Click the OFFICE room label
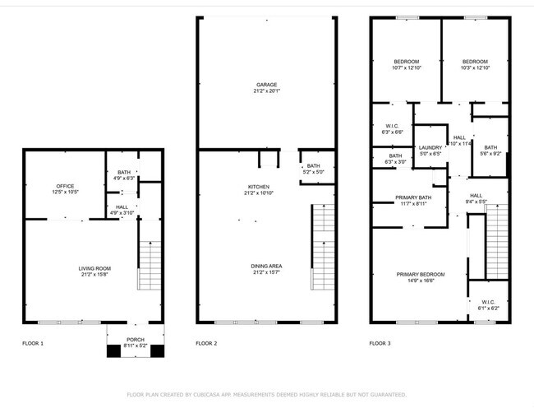pyautogui.click(x=65, y=186)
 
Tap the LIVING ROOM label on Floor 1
pyautogui.click(x=94, y=268)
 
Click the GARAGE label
pyautogui.click(x=265, y=85)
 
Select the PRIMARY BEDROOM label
pyautogui.click(x=421, y=274)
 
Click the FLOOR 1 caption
pyautogui.click(x=32, y=343)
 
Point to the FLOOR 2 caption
pyautogui.click(x=206, y=343)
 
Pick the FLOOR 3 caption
pyautogui.click(x=380, y=343)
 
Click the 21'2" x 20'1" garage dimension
pyautogui.click(x=265, y=92)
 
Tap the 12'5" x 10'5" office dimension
pyautogui.click(x=65, y=193)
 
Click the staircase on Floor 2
pyautogui.click(x=324, y=247)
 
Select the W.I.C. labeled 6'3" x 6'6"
pyautogui.click(x=392, y=125)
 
